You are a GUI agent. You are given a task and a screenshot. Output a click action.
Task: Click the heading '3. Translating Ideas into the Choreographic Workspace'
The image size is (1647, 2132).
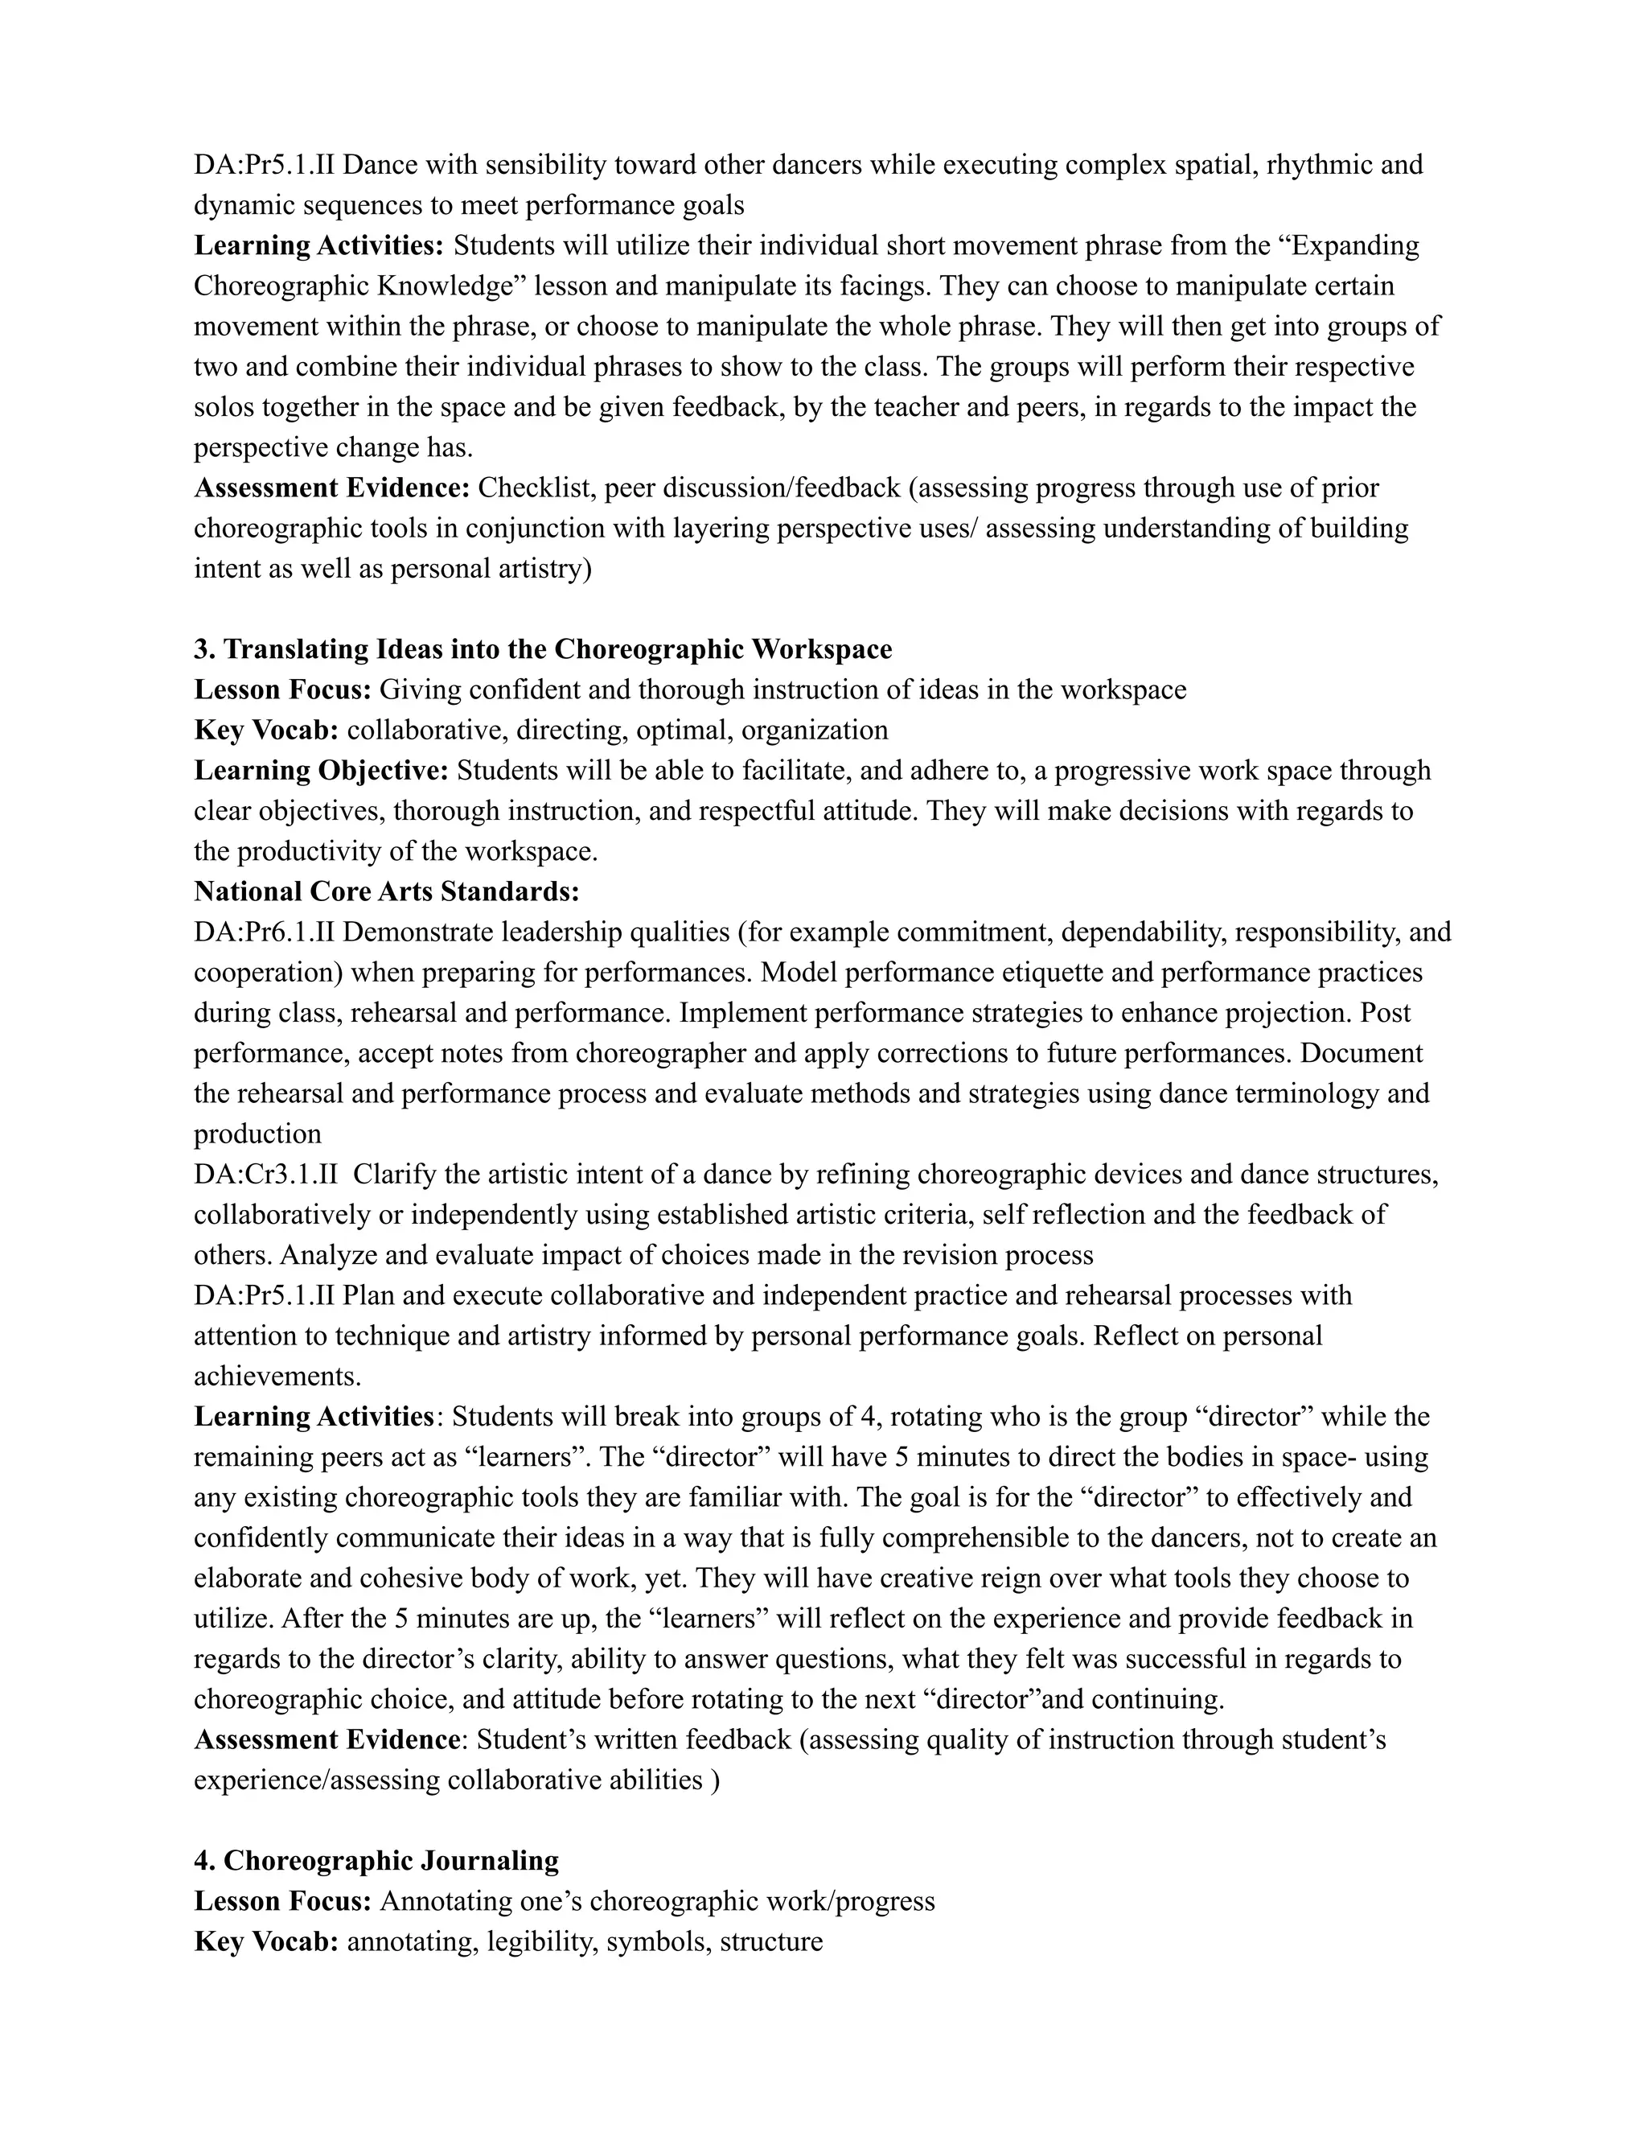(x=543, y=649)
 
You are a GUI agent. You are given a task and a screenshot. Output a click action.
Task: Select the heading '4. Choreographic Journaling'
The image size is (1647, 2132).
(x=376, y=1861)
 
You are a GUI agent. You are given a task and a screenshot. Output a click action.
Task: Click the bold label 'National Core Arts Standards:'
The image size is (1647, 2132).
(x=386, y=891)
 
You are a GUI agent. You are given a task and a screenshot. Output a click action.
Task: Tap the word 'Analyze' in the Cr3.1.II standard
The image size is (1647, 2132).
(x=330, y=1255)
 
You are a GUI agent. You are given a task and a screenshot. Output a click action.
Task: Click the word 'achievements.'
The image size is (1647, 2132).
(x=277, y=1377)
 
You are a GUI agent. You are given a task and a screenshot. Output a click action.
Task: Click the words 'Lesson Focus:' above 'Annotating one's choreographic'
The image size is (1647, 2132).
(x=283, y=1902)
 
